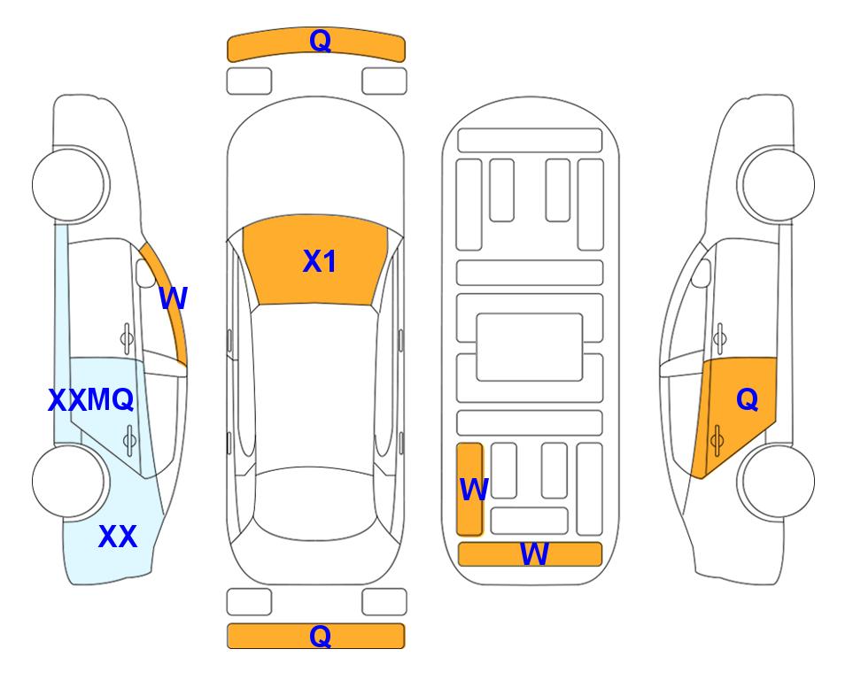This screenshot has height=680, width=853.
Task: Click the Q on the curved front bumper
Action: coord(321,40)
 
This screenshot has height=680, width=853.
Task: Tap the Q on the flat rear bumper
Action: coord(321,636)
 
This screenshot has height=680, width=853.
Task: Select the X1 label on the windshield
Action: coord(320,261)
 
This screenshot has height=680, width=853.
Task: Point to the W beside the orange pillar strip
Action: coord(174,298)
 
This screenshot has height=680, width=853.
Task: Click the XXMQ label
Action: coord(91,400)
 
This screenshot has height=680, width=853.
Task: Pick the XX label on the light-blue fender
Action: coord(118,537)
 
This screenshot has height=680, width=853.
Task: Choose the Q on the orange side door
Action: coord(748,400)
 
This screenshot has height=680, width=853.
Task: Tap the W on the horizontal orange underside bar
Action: coord(534,554)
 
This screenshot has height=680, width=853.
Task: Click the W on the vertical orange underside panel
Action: coord(474,490)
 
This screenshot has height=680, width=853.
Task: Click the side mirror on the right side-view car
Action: coord(702,273)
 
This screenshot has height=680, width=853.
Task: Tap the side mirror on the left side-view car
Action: coord(145,273)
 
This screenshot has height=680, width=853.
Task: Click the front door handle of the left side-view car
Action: coord(128,338)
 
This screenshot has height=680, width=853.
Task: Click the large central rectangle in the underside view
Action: coord(530,347)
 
